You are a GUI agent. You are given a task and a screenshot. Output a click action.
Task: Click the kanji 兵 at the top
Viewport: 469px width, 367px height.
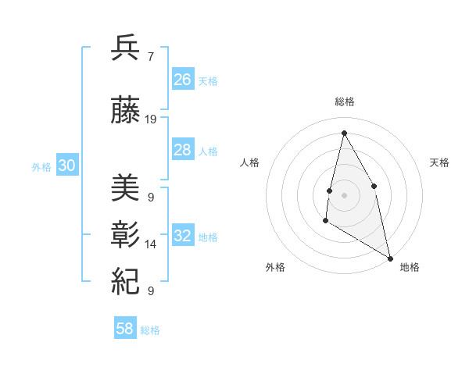126,48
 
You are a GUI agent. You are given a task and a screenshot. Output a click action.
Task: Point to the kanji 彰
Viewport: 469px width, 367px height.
126,234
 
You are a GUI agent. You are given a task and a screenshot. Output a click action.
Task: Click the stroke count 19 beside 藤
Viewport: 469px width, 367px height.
151,119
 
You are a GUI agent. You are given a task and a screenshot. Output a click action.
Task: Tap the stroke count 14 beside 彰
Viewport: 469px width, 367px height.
151,244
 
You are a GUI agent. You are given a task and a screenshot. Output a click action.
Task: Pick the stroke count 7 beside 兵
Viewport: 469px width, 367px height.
150,57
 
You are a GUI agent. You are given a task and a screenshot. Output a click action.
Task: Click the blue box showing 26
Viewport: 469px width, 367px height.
183,79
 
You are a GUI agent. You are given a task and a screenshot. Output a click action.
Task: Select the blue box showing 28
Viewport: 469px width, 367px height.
183,150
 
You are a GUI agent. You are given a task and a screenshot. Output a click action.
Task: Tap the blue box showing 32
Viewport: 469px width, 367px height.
183,236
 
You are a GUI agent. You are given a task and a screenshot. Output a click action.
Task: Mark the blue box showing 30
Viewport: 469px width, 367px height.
67,166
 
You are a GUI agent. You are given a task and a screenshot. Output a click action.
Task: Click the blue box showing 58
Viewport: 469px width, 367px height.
125,329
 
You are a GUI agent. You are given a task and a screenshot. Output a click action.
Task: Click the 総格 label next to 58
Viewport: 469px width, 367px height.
150,330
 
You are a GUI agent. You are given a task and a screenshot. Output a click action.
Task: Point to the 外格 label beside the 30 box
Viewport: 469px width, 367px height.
41,167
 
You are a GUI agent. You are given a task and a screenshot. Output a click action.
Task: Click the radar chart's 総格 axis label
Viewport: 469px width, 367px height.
344,102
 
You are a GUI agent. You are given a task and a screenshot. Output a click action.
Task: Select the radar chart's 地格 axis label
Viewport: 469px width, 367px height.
410,267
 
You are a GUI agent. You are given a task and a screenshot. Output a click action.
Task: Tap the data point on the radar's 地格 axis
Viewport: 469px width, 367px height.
391,258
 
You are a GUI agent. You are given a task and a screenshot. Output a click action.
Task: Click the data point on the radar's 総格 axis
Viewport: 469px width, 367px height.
344,133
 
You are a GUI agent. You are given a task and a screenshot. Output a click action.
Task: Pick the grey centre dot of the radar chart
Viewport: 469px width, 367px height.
344,194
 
